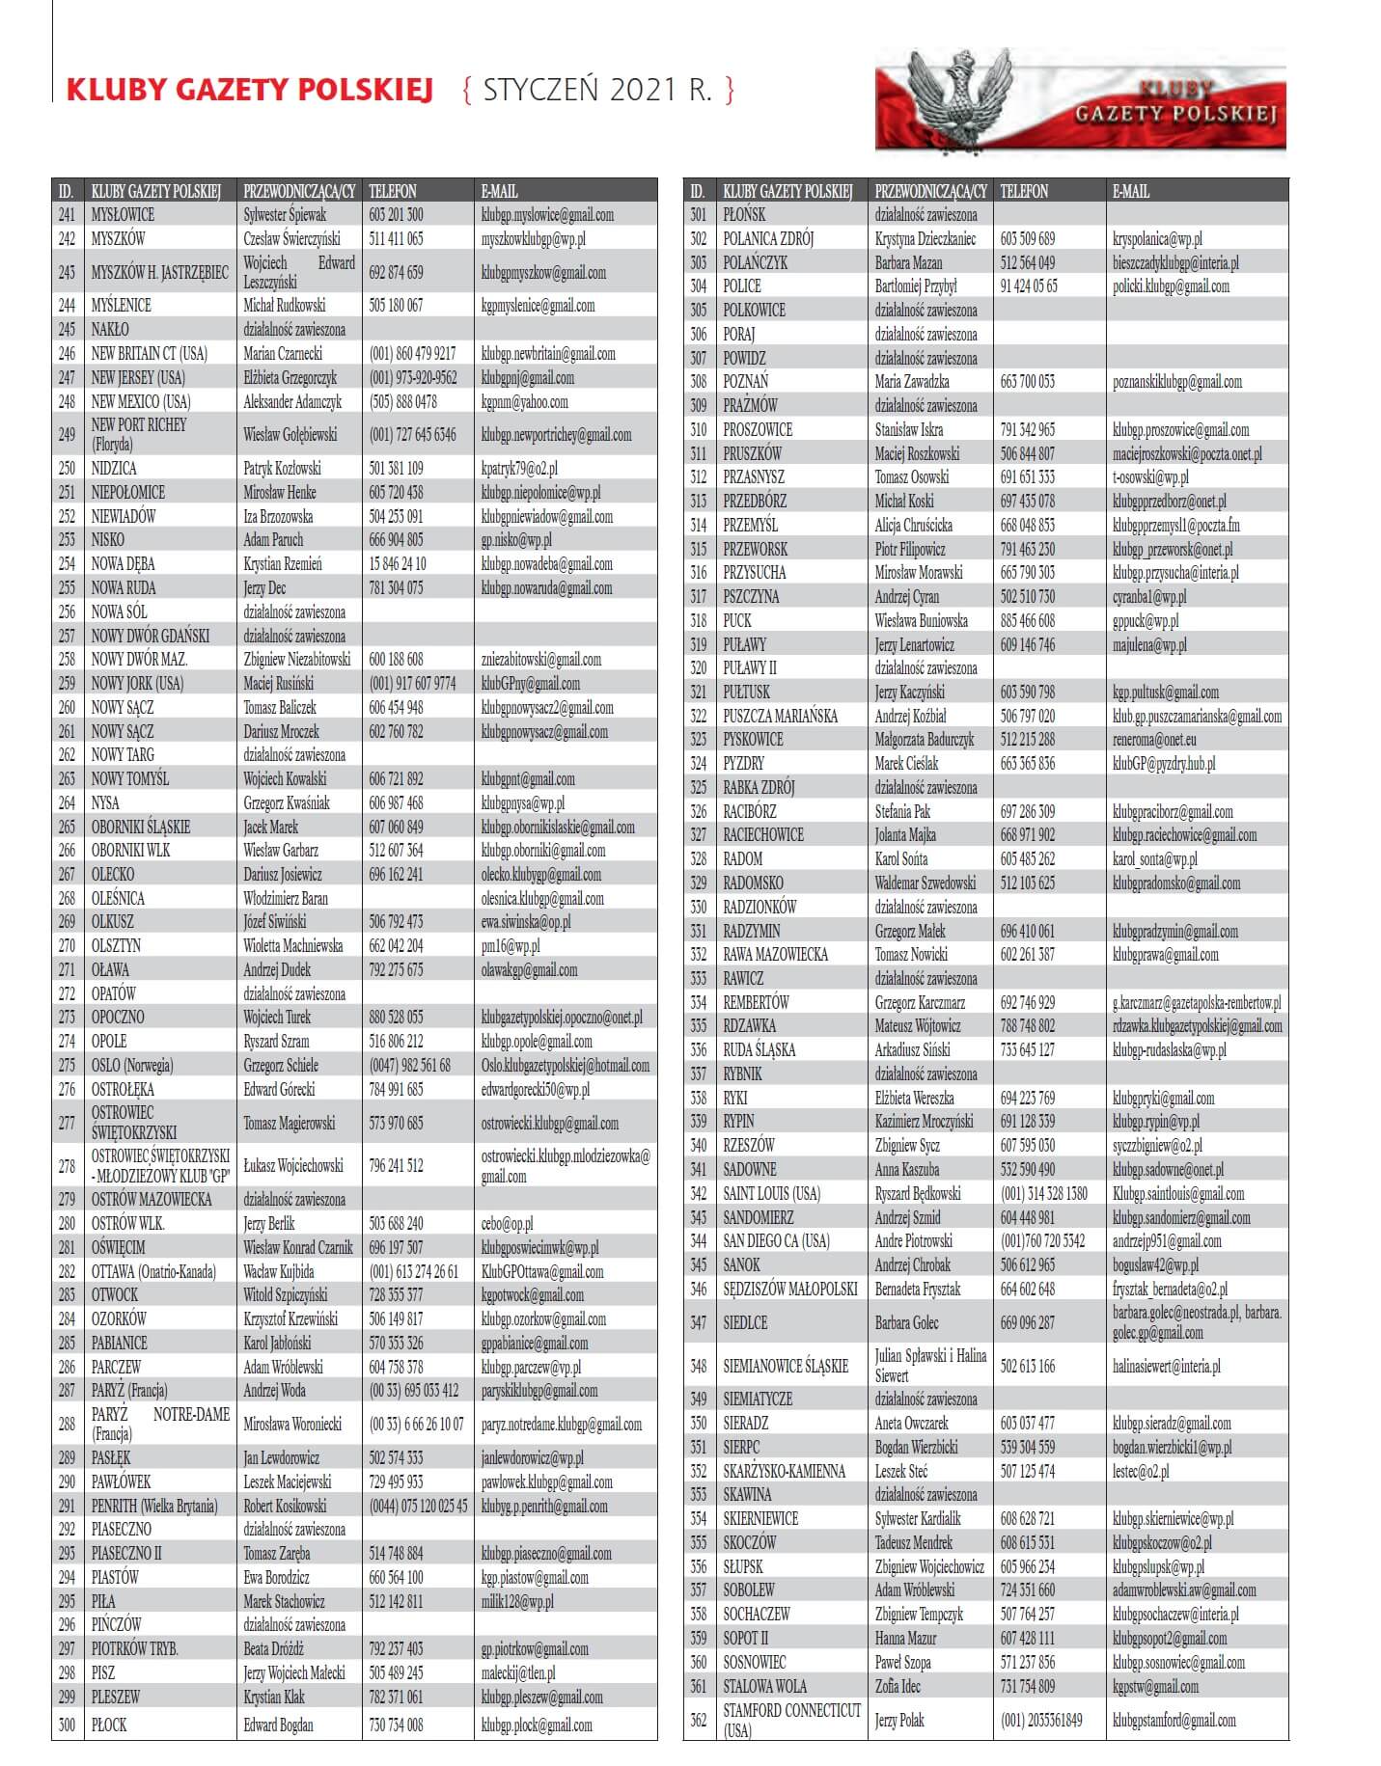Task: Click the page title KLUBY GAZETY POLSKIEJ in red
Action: (x=249, y=90)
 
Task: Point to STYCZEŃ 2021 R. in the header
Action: (x=597, y=90)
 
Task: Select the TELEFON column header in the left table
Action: (x=393, y=191)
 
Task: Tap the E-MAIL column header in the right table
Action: (x=1131, y=191)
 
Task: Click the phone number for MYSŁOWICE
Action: (x=396, y=215)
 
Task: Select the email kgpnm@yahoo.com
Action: (x=524, y=401)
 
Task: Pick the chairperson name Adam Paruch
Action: (x=273, y=540)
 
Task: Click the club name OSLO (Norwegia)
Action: (x=132, y=1066)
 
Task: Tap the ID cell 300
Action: (x=67, y=1725)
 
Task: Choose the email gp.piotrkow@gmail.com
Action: (x=535, y=1649)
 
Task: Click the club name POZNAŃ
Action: (x=746, y=382)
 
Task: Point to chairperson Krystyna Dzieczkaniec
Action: (x=925, y=239)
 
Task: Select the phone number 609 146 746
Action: (x=1028, y=644)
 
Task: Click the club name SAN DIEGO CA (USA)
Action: (x=776, y=1241)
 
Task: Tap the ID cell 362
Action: (x=698, y=1720)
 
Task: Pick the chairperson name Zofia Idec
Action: (x=898, y=1687)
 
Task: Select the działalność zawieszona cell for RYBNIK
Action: (x=925, y=1074)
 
